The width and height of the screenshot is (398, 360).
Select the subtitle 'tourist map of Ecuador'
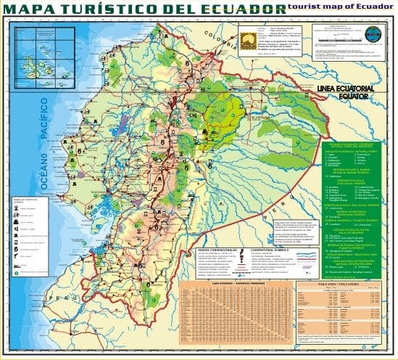(337, 6)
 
